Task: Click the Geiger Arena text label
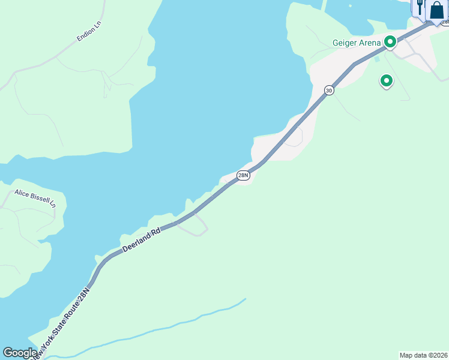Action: point(357,43)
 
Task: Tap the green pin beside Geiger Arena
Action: point(390,42)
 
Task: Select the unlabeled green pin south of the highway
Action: point(387,80)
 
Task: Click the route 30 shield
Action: point(329,90)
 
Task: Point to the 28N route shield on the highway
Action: point(243,175)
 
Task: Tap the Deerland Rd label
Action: point(142,239)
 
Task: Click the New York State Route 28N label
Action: point(63,323)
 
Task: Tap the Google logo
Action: point(20,353)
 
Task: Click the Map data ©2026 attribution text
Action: point(423,355)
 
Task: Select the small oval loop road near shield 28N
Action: point(294,139)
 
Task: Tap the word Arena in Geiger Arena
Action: point(369,43)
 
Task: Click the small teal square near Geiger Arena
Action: point(377,59)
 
